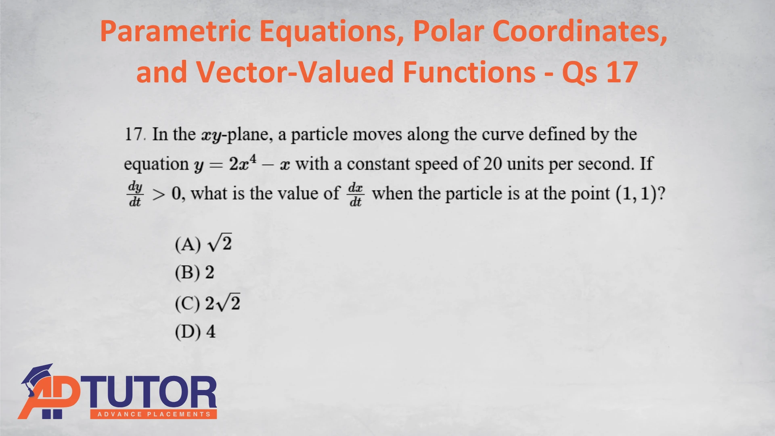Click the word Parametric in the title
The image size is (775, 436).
click(176, 31)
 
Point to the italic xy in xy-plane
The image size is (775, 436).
click(212, 136)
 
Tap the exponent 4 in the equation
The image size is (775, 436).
click(253, 158)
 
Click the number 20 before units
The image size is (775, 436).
click(492, 164)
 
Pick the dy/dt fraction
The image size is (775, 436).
click(135, 194)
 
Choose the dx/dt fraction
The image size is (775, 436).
click(356, 194)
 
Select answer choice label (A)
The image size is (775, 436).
click(188, 244)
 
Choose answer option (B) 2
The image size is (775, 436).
click(195, 273)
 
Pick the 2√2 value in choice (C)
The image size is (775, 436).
click(223, 303)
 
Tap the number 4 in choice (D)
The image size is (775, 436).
click(211, 332)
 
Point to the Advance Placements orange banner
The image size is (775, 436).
click(154, 414)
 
